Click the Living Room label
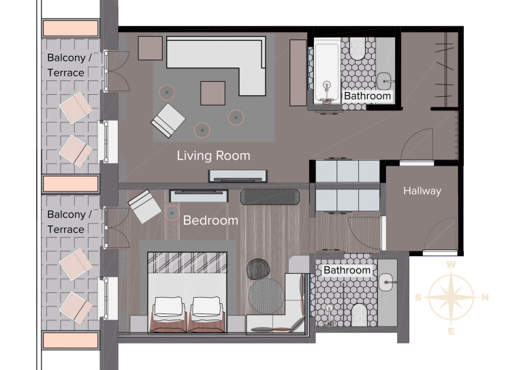point(213,156)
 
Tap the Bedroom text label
point(210,221)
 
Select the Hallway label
point(422,191)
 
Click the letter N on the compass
point(486,297)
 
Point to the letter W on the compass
point(451,264)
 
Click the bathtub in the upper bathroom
point(327,73)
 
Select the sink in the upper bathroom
point(385,81)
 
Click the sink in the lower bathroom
point(387,282)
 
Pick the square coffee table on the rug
point(212,93)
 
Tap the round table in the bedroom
point(266,296)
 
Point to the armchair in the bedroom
point(144,206)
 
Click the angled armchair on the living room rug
point(168,121)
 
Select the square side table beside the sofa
point(150,48)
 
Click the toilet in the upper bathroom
point(358,49)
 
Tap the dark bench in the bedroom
point(270,196)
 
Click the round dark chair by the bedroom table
point(258,268)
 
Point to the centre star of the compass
point(451,296)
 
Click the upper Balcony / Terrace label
point(69,65)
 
